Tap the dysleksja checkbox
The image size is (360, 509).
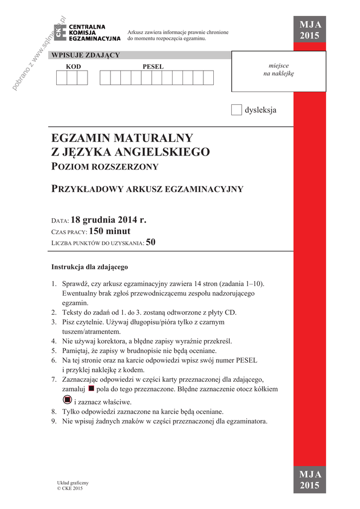tap(236, 110)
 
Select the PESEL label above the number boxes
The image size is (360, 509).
tap(153, 67)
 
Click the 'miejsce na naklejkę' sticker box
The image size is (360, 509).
tap(278, 71)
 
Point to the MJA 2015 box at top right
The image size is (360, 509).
tap(310, 31)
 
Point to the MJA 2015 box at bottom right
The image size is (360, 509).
tap(310, 480)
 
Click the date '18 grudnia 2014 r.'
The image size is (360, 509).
tap(109, 220)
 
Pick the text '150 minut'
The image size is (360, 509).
tap(110, 231)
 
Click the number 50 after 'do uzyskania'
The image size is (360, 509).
tap(151, 243)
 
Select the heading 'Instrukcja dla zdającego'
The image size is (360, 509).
tap(90, 266)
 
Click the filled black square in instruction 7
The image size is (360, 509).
tap(91, 388)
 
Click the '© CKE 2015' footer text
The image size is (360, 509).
tap(70, 488)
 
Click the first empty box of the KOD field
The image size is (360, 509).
tap(61, 78)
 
